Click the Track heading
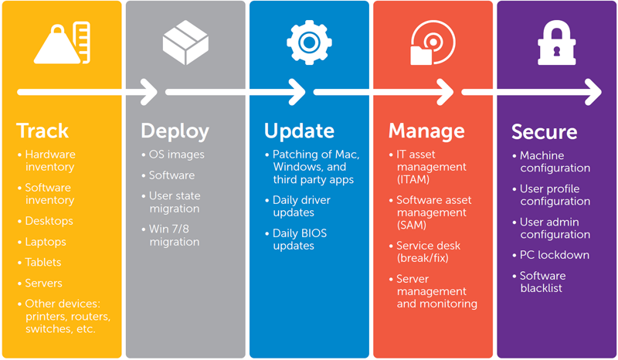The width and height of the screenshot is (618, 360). pos(42,131)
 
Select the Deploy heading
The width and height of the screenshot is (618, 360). pos(175,131)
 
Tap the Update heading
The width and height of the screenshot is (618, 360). pos(299,131)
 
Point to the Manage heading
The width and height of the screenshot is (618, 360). pos(426,131)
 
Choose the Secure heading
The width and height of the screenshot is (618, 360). pos(545,131)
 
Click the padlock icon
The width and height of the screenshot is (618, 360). pos(556,43)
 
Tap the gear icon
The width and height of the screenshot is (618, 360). pos(309,42)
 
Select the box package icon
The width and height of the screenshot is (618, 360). pos(185,42)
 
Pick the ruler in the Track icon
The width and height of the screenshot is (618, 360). pos(83,42)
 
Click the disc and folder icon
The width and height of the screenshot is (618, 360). pos(433,42)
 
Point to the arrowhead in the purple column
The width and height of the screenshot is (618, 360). pos(593,92)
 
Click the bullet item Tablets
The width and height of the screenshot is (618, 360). pos(43,262)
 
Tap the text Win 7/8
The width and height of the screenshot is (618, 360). pos(168,229)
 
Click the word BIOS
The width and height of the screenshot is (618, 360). pos(314,233)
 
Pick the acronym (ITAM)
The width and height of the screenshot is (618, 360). pos(413,179)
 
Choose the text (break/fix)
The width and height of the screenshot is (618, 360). pos(423,258)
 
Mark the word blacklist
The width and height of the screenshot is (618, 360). pos(542,288)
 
